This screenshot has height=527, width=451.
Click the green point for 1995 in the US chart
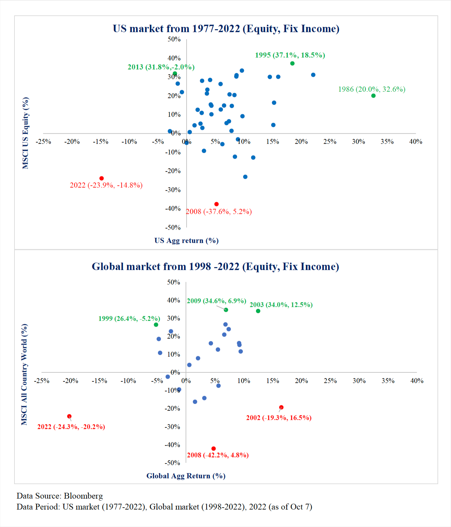[x=292, y=63]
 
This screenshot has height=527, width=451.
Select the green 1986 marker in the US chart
[x=373, y=96]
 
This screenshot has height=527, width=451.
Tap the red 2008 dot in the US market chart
[x=216, y=204]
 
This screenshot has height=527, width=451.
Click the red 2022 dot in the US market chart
[x=102, y=178]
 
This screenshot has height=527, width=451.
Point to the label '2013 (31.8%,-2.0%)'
[x=161, y=67]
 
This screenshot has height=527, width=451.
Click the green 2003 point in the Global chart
[x=258, y=311]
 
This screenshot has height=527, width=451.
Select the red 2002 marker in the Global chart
[x=281, y=407]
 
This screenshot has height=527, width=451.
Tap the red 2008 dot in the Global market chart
[x=214, y=448]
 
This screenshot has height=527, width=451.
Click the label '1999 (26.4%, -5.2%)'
[x=129, y=318]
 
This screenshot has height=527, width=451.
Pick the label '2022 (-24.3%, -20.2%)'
[x=71, y=427]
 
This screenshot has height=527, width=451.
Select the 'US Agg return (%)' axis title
[x=187, y=240]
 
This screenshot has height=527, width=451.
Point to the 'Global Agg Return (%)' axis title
[x=186, y=476]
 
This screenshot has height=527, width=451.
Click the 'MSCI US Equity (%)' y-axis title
[x=25, y=133]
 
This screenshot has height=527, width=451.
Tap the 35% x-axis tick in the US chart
[x=387, y=142]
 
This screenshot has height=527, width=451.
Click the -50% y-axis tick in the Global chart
[x=172, y=463]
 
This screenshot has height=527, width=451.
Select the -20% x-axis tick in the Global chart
[x=70, y=381]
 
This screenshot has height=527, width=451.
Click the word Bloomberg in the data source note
[x=83, y=496]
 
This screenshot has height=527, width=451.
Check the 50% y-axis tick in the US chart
[x=174, y=39]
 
